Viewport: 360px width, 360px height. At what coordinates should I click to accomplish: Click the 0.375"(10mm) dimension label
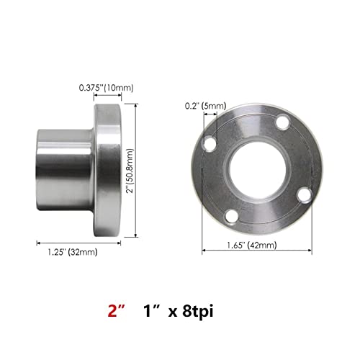pyautogui.click(x=106, y=88)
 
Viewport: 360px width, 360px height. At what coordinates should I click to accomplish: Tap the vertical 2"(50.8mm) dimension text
pyautogui.click(x=130, y=171)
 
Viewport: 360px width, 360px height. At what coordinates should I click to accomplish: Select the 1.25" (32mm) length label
pyautogui.click(x=73, y=252)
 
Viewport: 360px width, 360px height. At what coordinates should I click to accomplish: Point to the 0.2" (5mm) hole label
pyautogui.click(x=205, y=106)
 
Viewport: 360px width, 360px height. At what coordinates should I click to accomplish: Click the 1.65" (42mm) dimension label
pyautogui.click(x=252, y=246)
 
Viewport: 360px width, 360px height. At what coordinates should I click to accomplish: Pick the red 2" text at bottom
pyautogui.click(x=117, y=311)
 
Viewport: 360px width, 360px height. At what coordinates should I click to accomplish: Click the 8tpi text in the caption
pyautogui.click(x=197, y=312)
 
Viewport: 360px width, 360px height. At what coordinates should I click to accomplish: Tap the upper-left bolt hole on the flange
pyautogui.click(x=210, y=143)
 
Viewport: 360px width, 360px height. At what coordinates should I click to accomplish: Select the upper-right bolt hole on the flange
pyautogui.click(x=282, y=122)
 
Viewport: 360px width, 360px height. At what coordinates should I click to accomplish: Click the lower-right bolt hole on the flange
pyautogui.click(x=304, y=196)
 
